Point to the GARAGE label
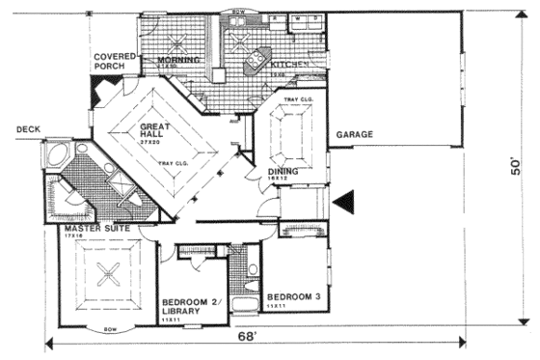click(354, 134)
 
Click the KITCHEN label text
click(288, 63)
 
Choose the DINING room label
click(283, 174)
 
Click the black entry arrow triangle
click(345, 201)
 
